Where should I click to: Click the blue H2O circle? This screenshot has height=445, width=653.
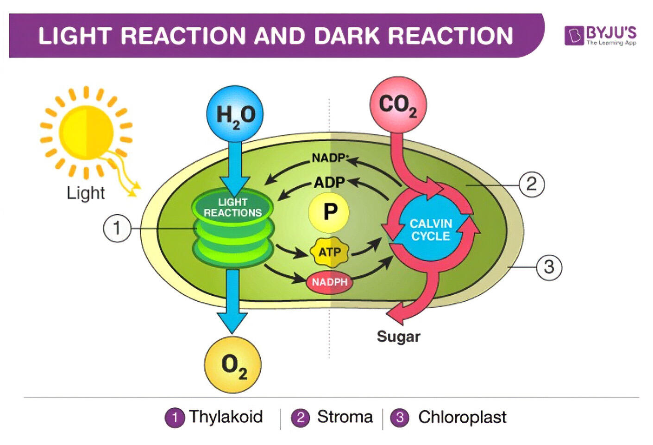coord(234,114)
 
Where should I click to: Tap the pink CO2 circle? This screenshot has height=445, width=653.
coord(398,105)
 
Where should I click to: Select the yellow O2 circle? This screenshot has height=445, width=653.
coord(233,365)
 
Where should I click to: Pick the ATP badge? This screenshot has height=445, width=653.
coord(329,252)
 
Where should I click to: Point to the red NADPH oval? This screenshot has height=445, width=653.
coord(329,282)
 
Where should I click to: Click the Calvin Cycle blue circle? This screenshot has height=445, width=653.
coord(430,230)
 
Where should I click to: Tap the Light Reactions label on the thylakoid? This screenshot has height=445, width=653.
coord(232,208)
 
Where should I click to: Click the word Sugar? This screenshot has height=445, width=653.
coord(398,337)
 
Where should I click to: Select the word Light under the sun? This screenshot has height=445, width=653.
coord(86,192)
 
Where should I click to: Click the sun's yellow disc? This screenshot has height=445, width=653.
coord(87,133)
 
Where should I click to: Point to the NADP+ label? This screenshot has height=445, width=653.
coord(329,158)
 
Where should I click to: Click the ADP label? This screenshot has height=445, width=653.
coord(329,183)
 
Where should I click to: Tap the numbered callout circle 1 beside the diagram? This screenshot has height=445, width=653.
coord(116,228)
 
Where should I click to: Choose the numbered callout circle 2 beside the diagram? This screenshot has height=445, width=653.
coord(531,184)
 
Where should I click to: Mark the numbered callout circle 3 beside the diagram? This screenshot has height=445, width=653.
coord(549,267)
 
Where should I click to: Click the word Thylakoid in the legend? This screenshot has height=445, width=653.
coord(226,417)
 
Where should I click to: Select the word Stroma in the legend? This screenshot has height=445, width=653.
coord(345,417)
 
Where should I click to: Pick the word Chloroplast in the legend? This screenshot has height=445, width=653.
coord(462,417)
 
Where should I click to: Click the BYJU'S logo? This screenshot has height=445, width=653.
coord(601,35)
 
